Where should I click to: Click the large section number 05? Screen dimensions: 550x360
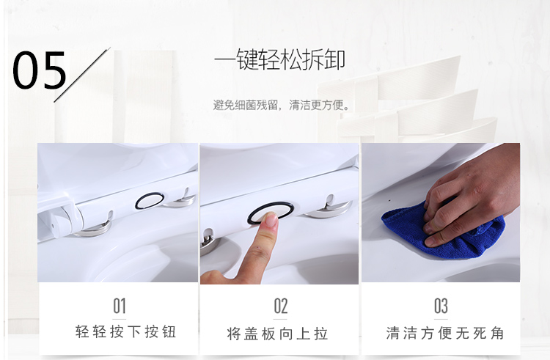40,70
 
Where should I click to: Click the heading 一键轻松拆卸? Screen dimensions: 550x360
279,59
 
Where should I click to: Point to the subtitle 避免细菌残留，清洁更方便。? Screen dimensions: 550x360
282,105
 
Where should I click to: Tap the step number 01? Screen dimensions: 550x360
120,306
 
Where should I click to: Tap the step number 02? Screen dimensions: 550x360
281,306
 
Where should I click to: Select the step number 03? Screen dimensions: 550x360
441,306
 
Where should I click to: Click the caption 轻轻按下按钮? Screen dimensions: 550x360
125,331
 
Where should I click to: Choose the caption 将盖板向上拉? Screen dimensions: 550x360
277,334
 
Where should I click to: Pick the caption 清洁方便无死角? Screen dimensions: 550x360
445,333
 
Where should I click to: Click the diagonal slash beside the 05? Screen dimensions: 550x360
82,75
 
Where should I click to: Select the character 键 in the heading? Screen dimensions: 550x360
247,59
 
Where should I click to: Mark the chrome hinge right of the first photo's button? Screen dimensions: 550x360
180,200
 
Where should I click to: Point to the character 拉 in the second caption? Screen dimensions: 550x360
321,334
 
